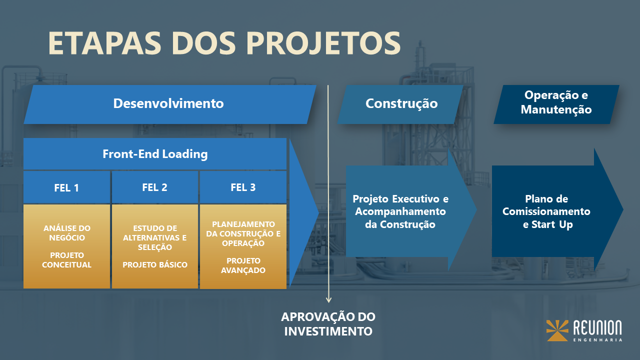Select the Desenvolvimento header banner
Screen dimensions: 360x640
coord(168,104)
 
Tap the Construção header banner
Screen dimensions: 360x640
coord(401,104)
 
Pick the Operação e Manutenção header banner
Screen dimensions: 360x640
coord(556,102)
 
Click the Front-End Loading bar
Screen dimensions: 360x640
coord(155,154)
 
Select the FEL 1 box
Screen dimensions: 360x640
coord(66,187)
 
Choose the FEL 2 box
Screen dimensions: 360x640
coord(154,187)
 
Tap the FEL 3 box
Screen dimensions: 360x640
coord(243,187)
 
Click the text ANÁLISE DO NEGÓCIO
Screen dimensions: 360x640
coord(66,233)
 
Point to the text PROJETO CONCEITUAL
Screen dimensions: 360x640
coord(66,260)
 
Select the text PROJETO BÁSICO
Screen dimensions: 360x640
coord(155,264)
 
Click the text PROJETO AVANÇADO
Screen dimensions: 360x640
coord(243,265)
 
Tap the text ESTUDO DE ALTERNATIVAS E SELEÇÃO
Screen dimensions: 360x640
coord(155,237)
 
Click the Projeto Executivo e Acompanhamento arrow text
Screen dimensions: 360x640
coord(400,211)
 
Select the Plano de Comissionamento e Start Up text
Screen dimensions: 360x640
coord(546,211)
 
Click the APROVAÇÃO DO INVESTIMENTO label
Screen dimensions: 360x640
coord(328,324)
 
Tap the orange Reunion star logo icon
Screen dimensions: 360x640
coord(557,330)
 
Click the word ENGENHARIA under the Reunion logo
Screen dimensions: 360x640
coord(597,340)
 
